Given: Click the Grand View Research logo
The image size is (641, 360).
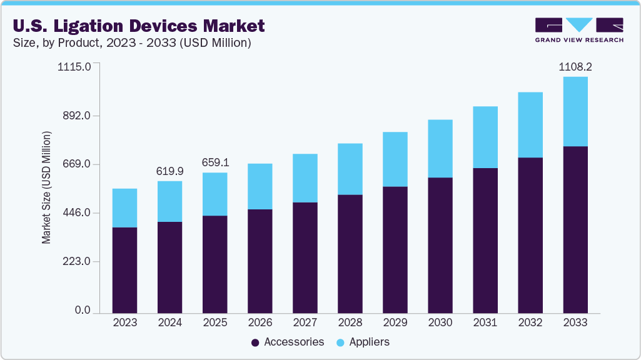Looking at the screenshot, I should [x=578, y=29].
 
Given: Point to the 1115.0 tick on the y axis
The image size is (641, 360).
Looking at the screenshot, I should [x=74, y=67].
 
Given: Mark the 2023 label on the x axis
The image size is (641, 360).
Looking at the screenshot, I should [x=124, y=322].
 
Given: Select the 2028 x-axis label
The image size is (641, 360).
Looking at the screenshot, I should [x=350, y=322].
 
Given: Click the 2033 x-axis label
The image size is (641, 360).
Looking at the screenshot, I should [x=575, y=322].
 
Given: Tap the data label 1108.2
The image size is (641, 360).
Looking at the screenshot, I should [x=575, y=66].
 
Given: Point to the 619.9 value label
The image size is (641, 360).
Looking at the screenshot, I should [x=169, y=170].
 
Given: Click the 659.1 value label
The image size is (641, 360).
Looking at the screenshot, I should [x=215, y=162].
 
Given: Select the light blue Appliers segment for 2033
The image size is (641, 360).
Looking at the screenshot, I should [x=575, y=111].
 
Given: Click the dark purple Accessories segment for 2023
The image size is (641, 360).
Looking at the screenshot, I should [x=124, y=269].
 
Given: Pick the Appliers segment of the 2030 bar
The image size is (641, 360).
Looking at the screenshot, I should [x=440, y=148].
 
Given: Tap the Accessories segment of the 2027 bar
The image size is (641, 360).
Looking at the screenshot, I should [x=305, y=257].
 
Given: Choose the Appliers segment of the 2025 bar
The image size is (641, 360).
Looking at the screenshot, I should [x=215, y=194].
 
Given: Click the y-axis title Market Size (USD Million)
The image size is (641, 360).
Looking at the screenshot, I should [x=47, y=187].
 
